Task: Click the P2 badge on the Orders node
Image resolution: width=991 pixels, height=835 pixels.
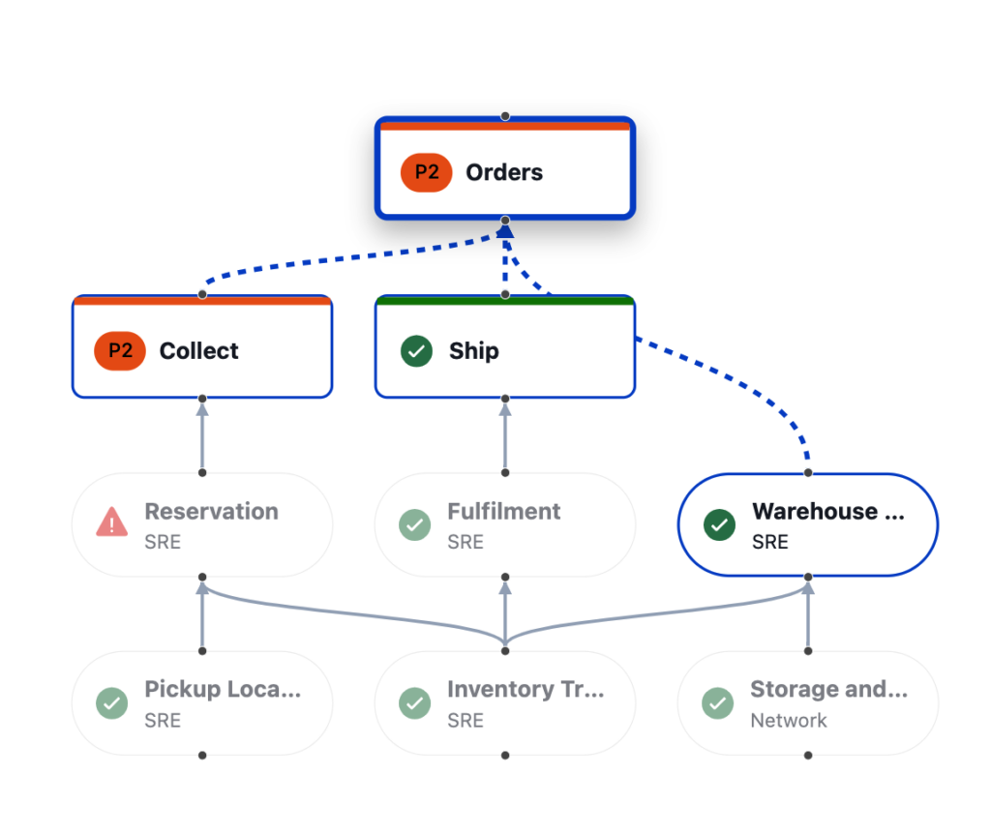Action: [427, 172]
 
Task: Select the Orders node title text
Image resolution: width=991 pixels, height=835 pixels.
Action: [504, 172]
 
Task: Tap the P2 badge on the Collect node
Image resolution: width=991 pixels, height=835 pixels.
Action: [120, 350]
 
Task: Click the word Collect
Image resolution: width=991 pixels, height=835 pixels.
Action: [198, 350]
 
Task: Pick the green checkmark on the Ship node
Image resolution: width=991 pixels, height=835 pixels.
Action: [416, 351]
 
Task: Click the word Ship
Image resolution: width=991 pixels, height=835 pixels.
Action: [473, 350]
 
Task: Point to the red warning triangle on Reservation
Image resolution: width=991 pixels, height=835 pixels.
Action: [112, 524]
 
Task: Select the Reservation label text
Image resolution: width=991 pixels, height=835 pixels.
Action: [211, 511]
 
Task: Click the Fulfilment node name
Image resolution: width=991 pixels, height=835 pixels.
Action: [503, 511]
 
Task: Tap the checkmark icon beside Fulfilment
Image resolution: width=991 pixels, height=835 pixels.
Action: [415, 525]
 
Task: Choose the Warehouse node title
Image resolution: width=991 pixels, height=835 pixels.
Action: [827, 511]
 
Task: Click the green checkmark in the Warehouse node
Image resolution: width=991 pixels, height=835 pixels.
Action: [719, 525]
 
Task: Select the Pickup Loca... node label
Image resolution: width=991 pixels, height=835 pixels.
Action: [223, 689]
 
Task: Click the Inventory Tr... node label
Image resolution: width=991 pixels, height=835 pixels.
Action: [525, 689]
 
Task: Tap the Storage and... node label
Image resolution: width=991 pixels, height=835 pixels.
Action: [828, 689]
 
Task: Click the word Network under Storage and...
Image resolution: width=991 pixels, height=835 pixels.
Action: [788, 720]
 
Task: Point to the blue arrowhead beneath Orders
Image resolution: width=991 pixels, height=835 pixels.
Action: [505, 231]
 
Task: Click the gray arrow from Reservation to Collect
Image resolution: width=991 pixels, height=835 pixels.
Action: [202, 435]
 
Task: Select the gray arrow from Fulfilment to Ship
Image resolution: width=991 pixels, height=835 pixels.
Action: [505, 435]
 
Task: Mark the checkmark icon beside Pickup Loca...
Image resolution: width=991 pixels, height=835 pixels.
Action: [112, 703]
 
